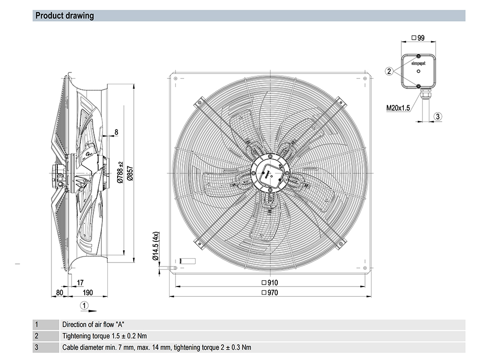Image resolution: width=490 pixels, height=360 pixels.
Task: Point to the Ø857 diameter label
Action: [x=130, y=174]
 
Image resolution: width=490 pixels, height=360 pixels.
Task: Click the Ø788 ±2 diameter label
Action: [x=121, y=172]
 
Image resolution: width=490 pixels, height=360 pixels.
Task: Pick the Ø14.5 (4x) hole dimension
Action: [x=156, y=246]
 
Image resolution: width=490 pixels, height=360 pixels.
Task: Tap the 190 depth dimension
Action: [x=88, y=292]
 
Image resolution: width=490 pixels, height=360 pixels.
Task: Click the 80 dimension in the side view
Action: [x=60, y=292]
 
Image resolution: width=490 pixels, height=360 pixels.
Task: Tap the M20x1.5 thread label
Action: [x=398, y=108]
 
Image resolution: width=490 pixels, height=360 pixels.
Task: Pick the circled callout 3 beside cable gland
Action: [x=439, y=116]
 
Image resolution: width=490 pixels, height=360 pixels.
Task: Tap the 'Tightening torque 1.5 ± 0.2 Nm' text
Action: [x=104, y=336]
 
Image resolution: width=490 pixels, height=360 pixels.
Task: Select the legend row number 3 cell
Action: [x=36, y=347]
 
